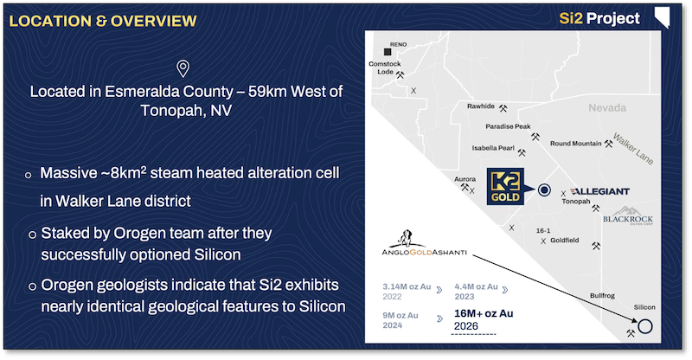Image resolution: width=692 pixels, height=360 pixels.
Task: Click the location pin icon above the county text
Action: [x=183, y=69]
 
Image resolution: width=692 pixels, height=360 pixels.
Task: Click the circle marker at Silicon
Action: [x=644, y=326]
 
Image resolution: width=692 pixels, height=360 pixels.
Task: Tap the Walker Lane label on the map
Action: [x=631, y=140]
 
